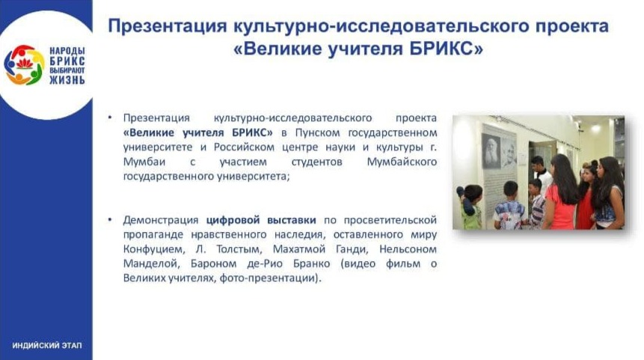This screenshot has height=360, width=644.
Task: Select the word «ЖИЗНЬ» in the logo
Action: tap(67, 80)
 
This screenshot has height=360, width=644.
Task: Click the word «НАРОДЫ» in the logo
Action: tap(67, 51)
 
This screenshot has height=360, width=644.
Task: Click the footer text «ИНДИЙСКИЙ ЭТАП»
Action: tap(47, 345)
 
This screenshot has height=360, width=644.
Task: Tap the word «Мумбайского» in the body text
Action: tap(402, 162)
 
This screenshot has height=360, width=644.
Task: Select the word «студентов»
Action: tap(316, 162)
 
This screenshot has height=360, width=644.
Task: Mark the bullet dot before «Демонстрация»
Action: tap(110, 220)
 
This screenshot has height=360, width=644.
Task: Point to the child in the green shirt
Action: tap(471, 207)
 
